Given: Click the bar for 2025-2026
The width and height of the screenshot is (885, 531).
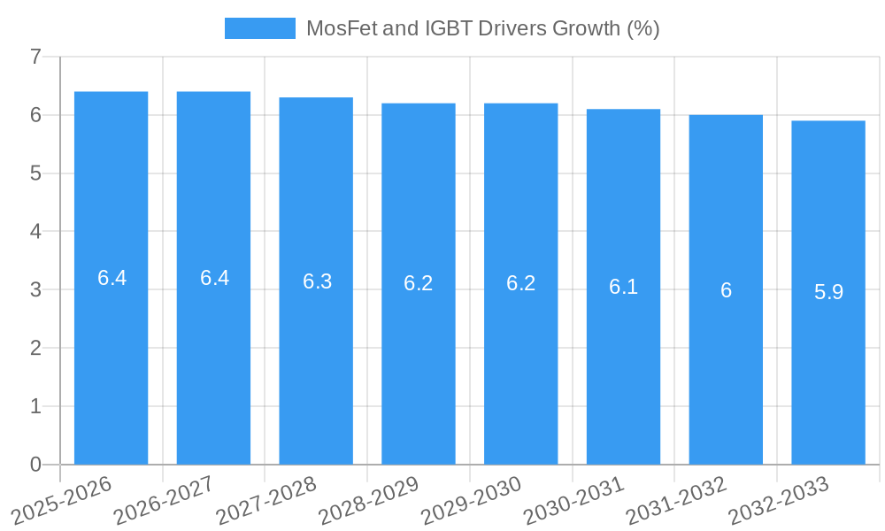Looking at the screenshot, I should coord(111,354).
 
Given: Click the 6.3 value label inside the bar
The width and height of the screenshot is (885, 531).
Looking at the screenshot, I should coord(317,281).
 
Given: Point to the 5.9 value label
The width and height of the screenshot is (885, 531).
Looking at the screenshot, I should coord(828,292).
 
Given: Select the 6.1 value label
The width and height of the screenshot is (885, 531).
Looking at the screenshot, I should coord(623,287).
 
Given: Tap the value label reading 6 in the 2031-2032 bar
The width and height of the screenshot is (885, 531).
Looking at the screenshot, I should coord(726,290).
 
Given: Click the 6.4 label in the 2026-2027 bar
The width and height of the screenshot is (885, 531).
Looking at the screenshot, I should coord(214,278).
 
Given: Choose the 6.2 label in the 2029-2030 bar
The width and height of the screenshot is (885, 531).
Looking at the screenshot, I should coord(521,283).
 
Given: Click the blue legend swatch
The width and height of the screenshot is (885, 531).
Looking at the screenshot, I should coord(259,28).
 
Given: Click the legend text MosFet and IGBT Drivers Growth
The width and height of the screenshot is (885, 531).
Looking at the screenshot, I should coord(482,28).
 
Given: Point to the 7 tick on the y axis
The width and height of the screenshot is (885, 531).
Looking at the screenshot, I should coord(35,58).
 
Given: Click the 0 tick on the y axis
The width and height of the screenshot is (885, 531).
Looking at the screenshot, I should coord(35,465).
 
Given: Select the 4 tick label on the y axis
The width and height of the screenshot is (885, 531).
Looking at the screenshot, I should coord(35,232).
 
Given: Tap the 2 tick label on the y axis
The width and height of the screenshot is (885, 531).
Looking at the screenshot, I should coord(35,348).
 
